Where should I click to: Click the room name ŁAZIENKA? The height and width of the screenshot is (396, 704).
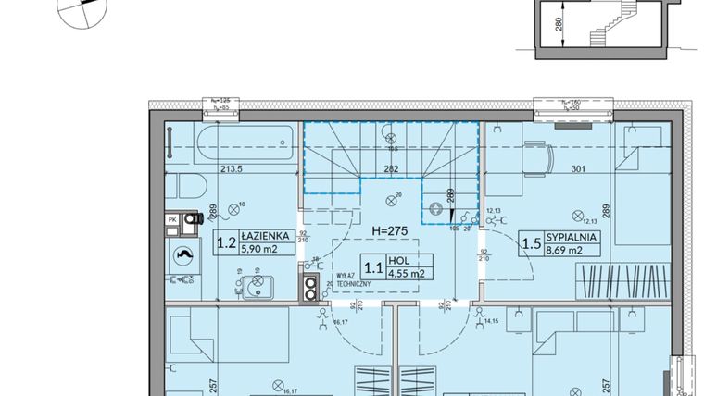270,237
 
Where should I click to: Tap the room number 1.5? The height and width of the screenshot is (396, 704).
532,244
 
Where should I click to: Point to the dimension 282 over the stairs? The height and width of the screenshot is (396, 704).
391,169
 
